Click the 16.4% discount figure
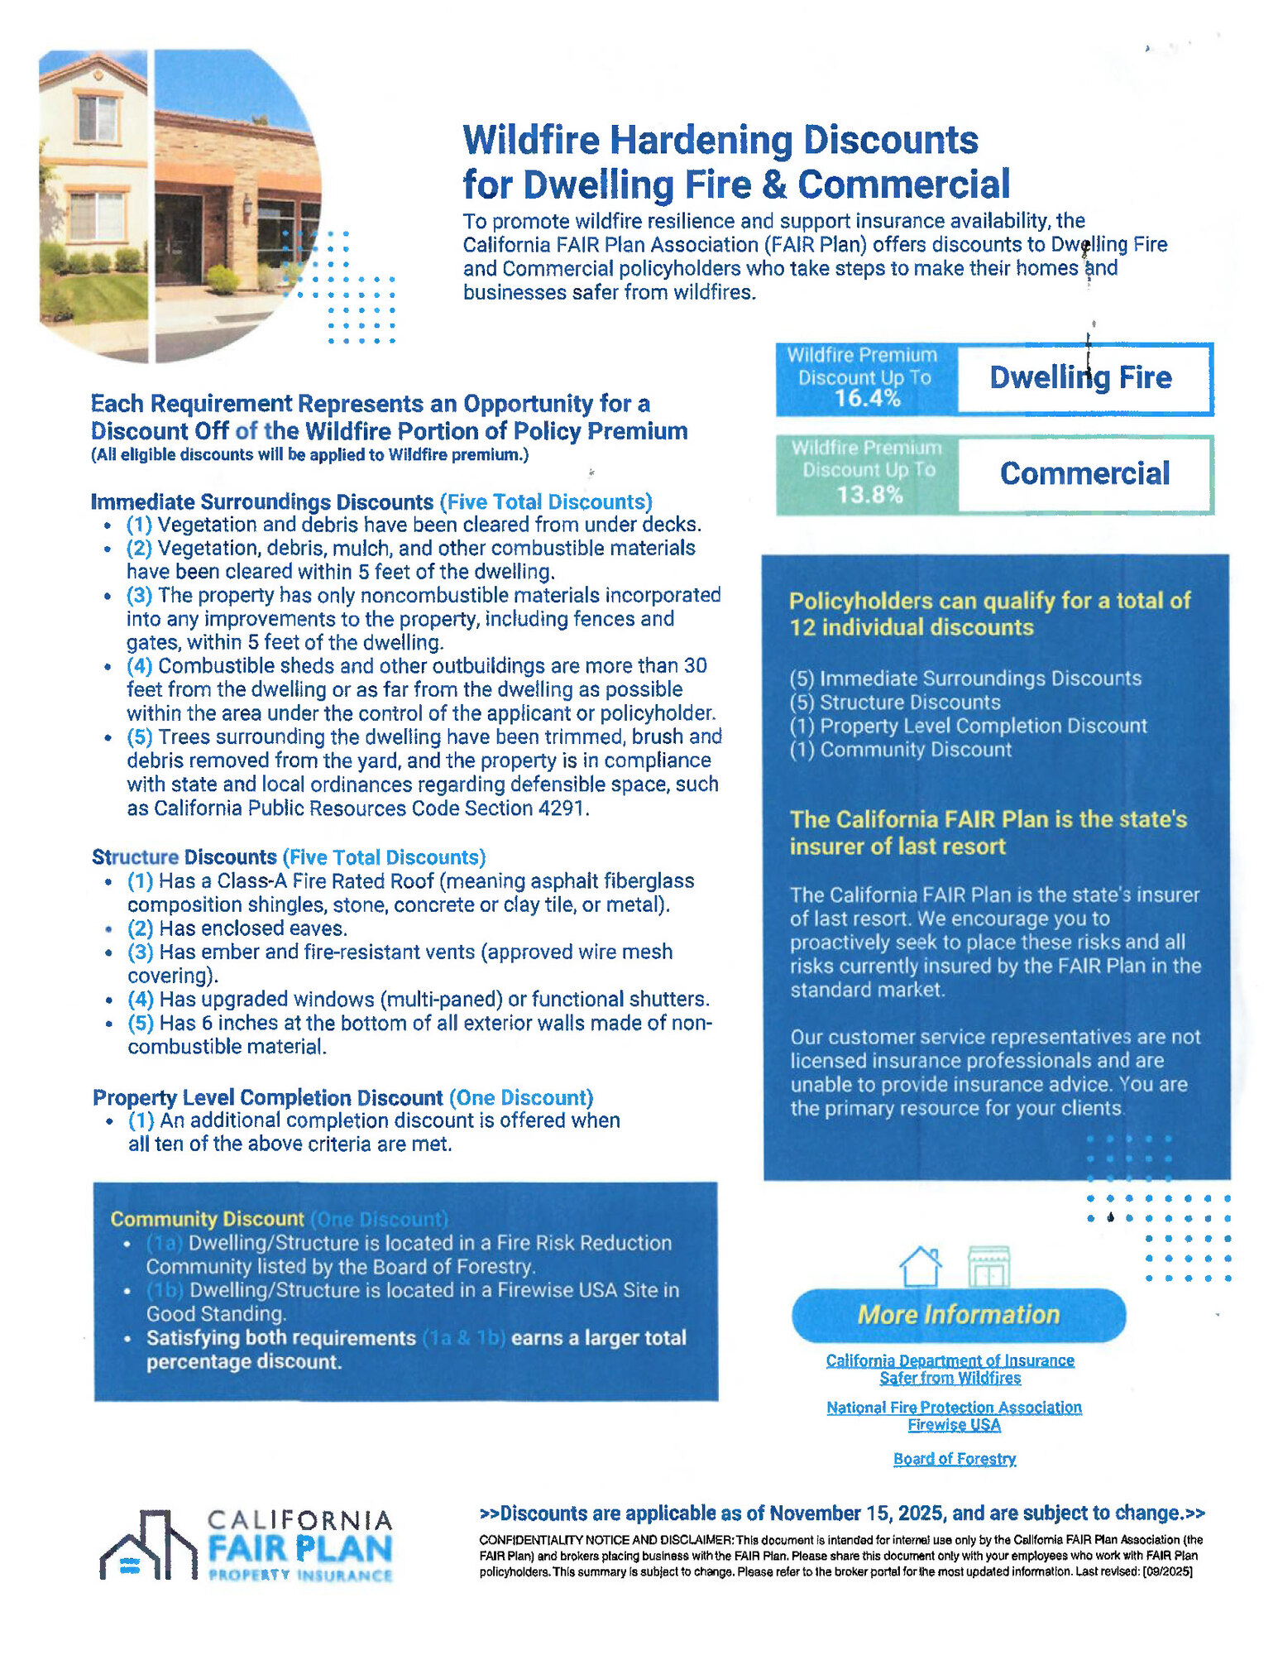coord(866,398)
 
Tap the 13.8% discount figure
coord(869,494)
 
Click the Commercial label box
coord(1084,474)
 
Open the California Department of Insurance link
coord(950,1360)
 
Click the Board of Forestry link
coord(954,1459)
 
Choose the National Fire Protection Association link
coord(954,1408)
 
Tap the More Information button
coord(958,1315)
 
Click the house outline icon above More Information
coord(920,1266)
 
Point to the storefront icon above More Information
coord(988,1266)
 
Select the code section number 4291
coord(562,808)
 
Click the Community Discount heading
coord(207,1219)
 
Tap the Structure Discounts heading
coord(184,857)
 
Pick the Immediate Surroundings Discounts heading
coord(261,502)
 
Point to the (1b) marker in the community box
coord(165,1291)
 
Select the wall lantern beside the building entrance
coord(247,203)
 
